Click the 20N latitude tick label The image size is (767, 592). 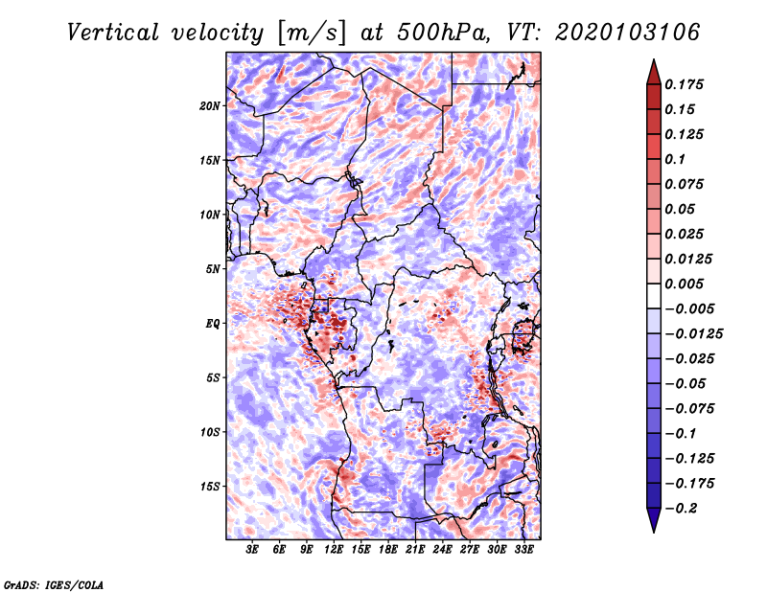click(209, 106)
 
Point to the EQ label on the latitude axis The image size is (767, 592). click(212, 324)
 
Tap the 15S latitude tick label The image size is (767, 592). click(210, 487)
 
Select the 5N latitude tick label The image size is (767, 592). click(213, 269)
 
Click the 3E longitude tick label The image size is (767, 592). click(252, 550)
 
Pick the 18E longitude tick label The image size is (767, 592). click(388, 550)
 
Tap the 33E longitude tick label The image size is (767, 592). click(523, 550)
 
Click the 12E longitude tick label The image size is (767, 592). click(334, 550)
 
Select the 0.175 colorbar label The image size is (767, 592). click(684, 84)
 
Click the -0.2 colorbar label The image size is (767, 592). click(681, 509)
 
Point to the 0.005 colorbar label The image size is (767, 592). click(684, 284)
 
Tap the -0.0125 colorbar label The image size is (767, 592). click(693, 334)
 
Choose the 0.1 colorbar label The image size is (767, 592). click(675, 159)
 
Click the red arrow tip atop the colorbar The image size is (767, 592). click(654, 59)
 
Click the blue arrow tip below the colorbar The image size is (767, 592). click(654, 532)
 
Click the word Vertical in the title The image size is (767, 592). click(113, 33)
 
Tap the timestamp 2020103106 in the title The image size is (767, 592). click(628, 33)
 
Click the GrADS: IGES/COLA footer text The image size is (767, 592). click(54, 585)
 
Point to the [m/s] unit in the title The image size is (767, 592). click(311, 34)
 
